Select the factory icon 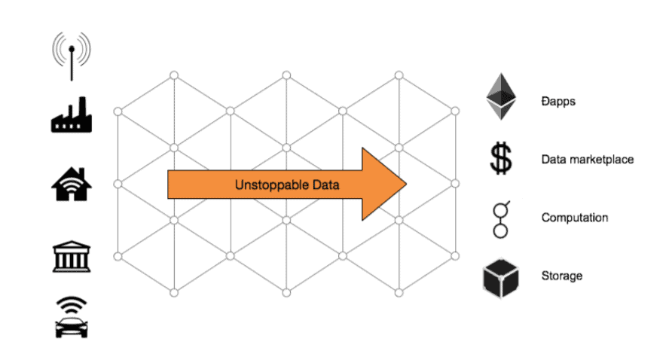[71, 114]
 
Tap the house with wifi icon [72, 184]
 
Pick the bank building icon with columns [72, 256]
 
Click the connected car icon [71, 317]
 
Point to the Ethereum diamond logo [500, 97]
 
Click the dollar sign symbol [500, 159]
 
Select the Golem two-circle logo [500, 219]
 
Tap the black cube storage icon [500, 278]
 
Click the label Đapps [558, 102]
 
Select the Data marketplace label [588, 160]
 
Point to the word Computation [575, 218]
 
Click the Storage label [562, 276]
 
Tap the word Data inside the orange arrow [325, 185]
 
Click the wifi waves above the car [71, 305]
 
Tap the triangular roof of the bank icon [72, 246]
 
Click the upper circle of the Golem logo [500, 210]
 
